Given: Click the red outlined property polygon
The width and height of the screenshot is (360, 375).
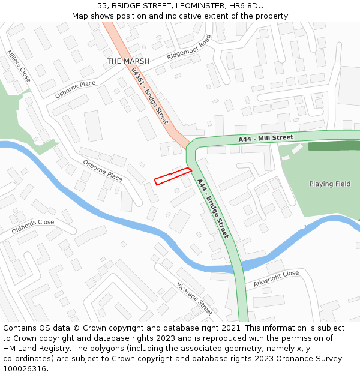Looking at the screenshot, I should pos(172,176).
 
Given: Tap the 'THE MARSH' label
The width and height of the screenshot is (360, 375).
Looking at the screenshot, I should pos(128,61).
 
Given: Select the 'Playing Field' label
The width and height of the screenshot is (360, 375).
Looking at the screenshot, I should pos(329,184).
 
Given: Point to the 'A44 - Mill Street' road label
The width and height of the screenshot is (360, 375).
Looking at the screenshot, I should pos(265,139).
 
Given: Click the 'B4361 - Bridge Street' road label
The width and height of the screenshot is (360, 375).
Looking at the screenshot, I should pos(149,96).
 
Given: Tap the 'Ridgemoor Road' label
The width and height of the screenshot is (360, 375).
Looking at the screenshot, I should pos(189,47).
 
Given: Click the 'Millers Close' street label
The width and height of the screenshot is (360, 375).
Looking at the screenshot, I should pos(19,66).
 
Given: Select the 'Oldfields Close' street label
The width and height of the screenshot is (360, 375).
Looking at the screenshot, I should pos(32,226).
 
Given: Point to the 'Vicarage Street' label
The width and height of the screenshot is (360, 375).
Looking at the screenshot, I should pos(194,299).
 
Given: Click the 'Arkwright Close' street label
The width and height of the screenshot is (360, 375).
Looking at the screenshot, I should pos(276,278).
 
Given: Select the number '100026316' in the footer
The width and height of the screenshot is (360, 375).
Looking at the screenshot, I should pos(25,369).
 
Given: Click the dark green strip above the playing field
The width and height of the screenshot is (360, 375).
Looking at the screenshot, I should pos(334,146).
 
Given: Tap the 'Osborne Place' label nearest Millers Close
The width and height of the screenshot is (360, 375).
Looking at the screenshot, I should pos(75,89).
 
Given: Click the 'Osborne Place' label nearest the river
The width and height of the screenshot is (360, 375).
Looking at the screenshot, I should pos(103,170).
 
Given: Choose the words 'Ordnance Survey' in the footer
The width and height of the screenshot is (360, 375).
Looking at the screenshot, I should pos(314,359).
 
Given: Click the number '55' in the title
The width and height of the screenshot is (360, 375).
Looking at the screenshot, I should pos(101,6).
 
